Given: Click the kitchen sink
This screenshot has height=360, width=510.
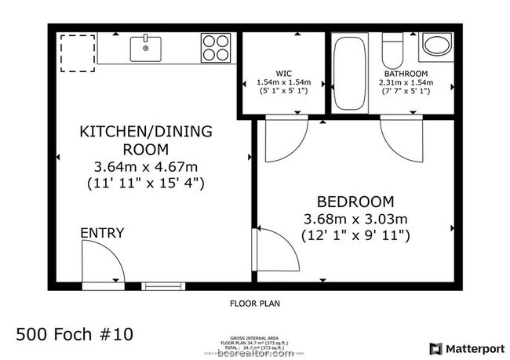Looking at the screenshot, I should (x=145, y=48).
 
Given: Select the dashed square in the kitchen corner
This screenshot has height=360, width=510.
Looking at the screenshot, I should (x=78, y=53).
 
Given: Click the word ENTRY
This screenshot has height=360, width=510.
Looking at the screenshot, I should (x=101, y=233).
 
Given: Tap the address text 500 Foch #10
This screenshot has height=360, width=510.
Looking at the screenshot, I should (x=75, y=334).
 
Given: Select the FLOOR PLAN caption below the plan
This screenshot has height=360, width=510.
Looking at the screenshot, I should (x=254, y=303).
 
